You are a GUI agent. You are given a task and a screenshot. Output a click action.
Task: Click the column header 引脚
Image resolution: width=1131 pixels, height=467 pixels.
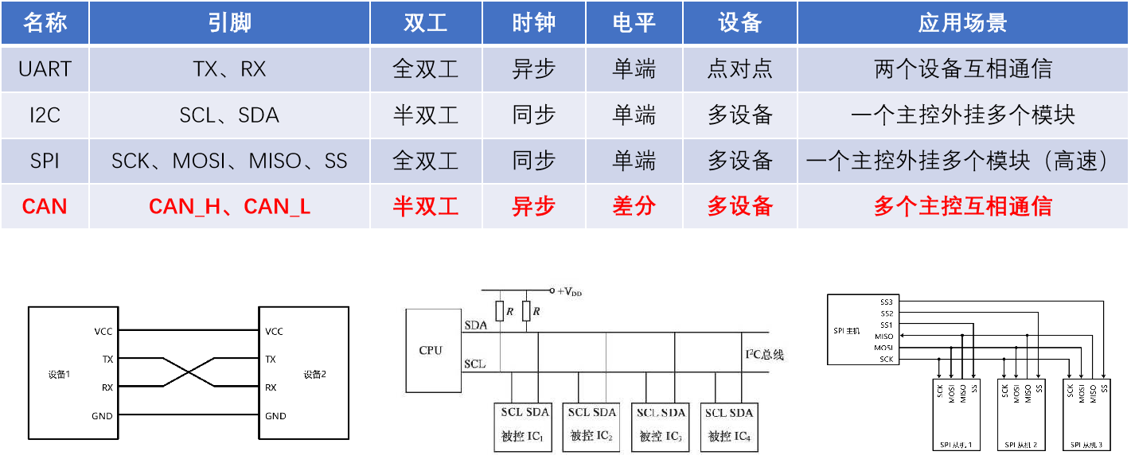tap(229, 22)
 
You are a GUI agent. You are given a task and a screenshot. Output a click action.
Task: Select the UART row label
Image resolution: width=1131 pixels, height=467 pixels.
tap(45, 69)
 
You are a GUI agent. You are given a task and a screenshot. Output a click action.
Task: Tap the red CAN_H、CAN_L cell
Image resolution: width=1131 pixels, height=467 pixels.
tap(229, 207)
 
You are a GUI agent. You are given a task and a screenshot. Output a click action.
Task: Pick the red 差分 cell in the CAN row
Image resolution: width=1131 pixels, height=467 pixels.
tap(634, 207)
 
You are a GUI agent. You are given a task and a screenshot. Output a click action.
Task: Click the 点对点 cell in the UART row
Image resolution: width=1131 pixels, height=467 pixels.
tap(740, 69)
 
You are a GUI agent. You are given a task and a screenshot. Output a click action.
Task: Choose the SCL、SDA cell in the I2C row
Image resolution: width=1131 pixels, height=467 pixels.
tap(229, 115)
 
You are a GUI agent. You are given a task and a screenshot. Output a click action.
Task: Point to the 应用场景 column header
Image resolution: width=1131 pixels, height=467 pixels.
tap(963, 22)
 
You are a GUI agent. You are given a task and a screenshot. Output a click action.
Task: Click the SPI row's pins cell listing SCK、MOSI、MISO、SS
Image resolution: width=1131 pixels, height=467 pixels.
tap(229, 162)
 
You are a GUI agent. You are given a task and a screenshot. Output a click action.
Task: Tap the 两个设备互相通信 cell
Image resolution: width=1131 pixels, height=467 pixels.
tap(963, 69)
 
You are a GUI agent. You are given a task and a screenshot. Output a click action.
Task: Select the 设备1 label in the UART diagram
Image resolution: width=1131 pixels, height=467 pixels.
tap(60, 374)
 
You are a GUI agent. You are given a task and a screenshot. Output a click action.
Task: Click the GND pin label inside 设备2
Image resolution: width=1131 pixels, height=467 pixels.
tap(275, 416)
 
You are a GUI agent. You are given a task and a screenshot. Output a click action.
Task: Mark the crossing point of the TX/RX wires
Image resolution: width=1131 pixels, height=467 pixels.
tap(189, 373)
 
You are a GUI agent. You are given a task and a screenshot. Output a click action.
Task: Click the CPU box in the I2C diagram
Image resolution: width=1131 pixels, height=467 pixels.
tap(431, 351)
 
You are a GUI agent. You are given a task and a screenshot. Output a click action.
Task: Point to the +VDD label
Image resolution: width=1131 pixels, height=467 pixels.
tap(570, 292)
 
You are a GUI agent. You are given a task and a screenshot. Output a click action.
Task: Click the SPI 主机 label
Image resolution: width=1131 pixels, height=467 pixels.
tap(848, 329)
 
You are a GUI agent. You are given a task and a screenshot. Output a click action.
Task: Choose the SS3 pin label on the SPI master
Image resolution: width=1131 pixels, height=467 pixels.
tap(887, 302)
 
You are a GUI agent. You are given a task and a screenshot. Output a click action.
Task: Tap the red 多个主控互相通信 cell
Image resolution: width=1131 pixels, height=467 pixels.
tap(963, 207)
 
